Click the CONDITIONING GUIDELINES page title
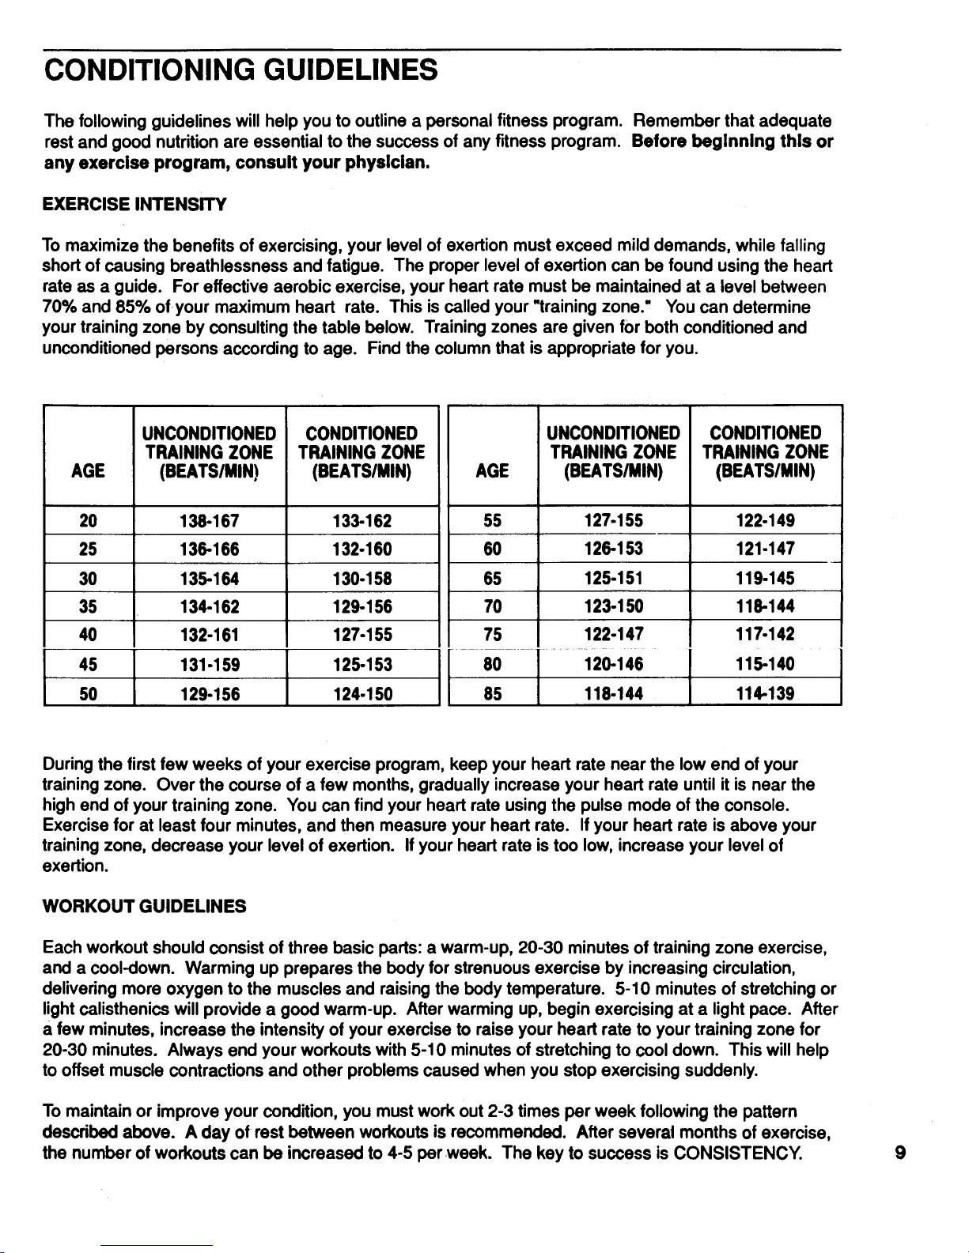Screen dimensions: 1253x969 coord(240,70)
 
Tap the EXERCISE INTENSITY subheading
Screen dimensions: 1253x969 coord(134,206)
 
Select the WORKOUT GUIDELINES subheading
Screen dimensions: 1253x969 coord(144,906)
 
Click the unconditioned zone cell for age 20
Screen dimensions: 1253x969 coord(210,520)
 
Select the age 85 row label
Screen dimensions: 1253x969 coord(492,694)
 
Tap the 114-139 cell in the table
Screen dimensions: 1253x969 coord(765,694)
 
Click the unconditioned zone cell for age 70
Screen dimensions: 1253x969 coord(613,607)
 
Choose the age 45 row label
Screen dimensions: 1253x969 coord(88,665)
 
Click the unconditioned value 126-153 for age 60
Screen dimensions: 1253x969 coord(613,549)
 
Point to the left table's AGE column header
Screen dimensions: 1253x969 coord(88,472)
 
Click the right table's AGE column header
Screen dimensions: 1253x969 coord(492,472)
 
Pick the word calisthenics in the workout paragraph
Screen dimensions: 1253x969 coord(109,1010)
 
